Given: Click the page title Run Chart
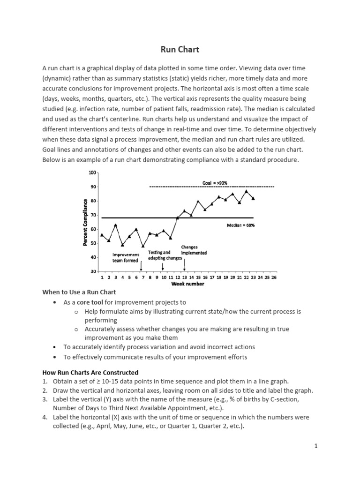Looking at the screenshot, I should (x=180, y=49).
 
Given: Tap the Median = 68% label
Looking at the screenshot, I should (x=240, y=225).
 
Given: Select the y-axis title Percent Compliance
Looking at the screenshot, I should (x=85, y=222).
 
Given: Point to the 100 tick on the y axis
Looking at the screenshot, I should (x=92, y=173).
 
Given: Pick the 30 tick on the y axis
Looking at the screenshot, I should (x=93, y=271).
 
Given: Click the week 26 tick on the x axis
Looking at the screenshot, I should (x=274, y=277).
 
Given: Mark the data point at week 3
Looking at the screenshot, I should (x=116, y=225).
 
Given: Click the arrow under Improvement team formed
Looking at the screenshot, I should (x=141, y=266).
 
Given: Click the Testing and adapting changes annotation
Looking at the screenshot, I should (x=165, y=255).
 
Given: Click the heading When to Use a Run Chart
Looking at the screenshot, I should (x=79, y=292).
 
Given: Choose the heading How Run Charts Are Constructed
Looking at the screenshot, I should (x=90, y=373).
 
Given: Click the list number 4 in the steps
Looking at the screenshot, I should (x=45, y=417).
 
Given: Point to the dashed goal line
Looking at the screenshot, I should (x=211, y=187).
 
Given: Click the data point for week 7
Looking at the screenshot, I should (x=143, y=246).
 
